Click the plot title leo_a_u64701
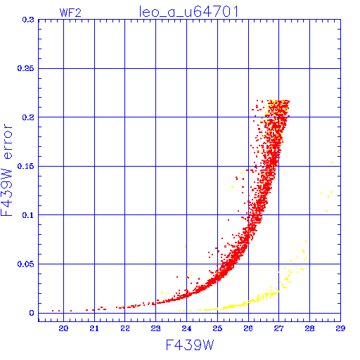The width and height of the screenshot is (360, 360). [x=189, y=12]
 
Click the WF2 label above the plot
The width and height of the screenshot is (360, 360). [x=70, y=13]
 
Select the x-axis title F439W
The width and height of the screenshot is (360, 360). [x=190, y=345]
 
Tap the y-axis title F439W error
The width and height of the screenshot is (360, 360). [x=6, y=169]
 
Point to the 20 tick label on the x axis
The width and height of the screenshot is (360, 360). [x=63, y=328]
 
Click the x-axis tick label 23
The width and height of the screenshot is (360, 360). [x=155, y=328]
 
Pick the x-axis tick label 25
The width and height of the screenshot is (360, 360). [x=217, y=328]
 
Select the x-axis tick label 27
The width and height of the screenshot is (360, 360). [x=278, y=328]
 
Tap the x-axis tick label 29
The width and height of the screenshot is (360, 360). [x=340, y=328]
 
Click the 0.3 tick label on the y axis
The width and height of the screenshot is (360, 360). [x=28, y=20]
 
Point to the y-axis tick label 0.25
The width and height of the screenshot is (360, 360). [x=25, y=68]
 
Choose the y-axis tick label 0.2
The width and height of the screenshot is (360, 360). [x=28, y=117]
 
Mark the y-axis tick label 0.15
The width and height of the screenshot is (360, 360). [x=25, y=166]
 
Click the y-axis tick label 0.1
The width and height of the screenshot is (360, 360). [x=28, y=215]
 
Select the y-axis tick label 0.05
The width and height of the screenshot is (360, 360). [x=25, y=264]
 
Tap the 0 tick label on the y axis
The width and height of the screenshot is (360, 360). [x=32, y=313]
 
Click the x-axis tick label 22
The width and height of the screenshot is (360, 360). [x=125, y=328]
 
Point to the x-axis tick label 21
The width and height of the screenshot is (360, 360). [x=94, y=328]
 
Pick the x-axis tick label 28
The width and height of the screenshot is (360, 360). [x=309, y=328]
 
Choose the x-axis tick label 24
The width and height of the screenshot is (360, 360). [x=186, y=328]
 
